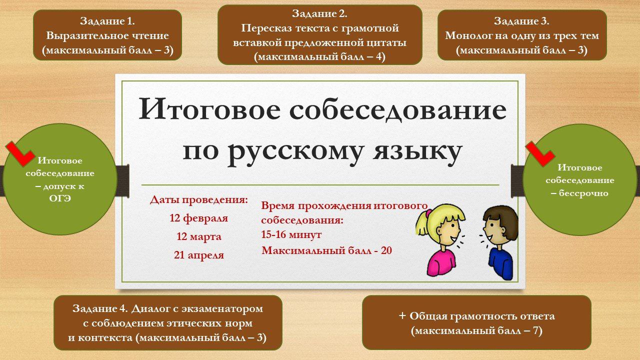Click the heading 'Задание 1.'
[107, 21]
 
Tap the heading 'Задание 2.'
[319, 13]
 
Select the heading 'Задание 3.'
[521, 21]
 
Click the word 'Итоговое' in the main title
[209, 110]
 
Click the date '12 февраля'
[199, 218]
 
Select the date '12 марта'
[199, 236]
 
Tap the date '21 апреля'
[199, 255]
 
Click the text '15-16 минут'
[291, 235]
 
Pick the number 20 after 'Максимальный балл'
[386, 250]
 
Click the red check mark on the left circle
[20, 153]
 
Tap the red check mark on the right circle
[540, 153]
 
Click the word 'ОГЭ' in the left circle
[60, 198]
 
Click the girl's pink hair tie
[428, 213]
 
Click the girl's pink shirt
[441, 262]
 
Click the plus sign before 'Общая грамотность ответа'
[402, 315]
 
